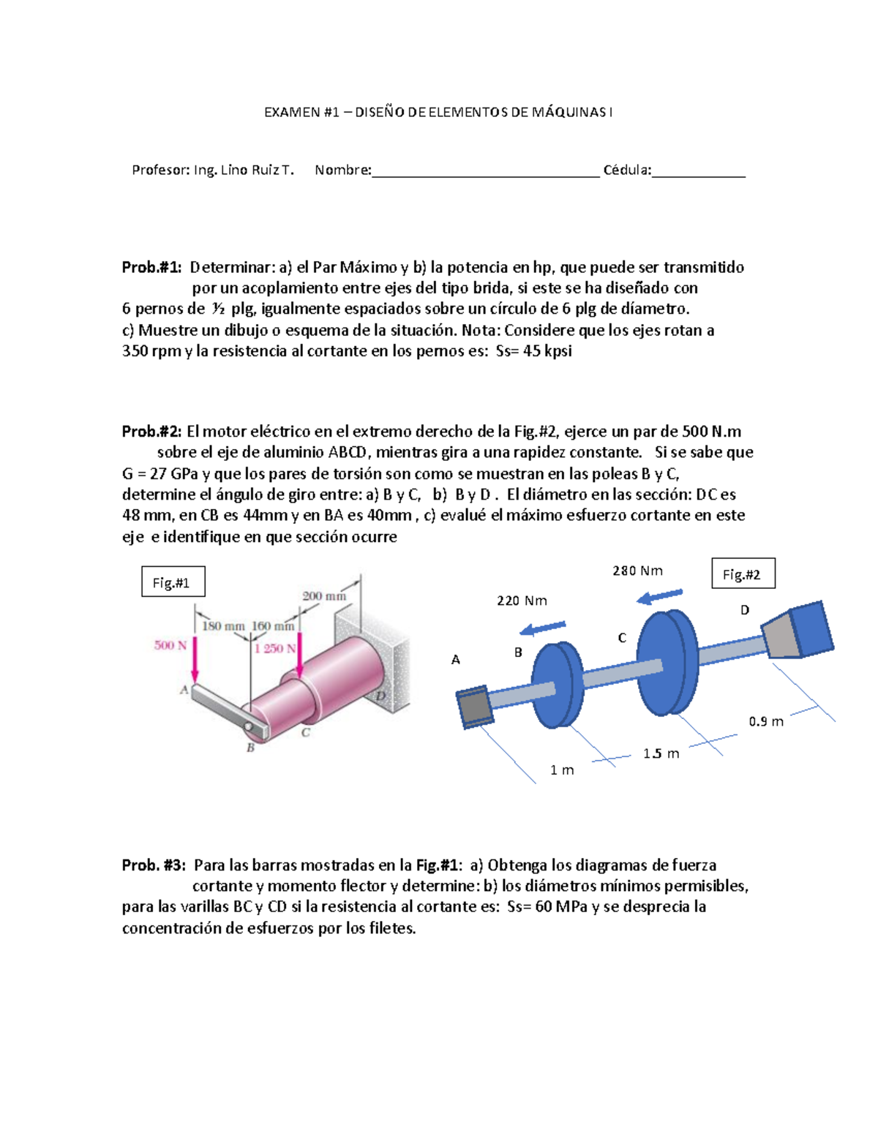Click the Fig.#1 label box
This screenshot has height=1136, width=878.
click(x=173, y=582)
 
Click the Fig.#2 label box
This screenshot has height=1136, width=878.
click(x=743, y=574)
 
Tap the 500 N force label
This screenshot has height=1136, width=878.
click(x=170, y=645)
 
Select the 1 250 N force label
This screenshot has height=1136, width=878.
click(x=275, y=649)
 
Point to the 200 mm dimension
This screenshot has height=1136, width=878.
click(x=324, y=596)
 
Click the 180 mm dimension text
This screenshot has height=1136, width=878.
click(x=223, y=626)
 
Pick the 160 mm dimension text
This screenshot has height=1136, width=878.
click(x=272, y=626)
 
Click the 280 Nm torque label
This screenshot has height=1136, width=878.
click(x=637, y=571)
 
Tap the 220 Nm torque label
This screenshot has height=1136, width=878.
click(x=522, y=601)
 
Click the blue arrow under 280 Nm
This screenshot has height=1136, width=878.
click(x=660, y=597)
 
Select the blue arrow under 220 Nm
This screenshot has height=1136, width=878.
click(x=542, y=628)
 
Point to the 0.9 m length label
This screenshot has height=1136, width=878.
click(x=766, y=721)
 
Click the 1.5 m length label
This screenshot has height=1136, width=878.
click(x=661, y=753)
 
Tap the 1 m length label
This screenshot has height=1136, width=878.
click(x=562, y=770)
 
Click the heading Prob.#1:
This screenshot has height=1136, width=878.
click(x=151, y=268)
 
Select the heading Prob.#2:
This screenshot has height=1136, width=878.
click(x=151, y=432)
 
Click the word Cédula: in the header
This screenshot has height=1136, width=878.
click(x=627, y=170)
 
